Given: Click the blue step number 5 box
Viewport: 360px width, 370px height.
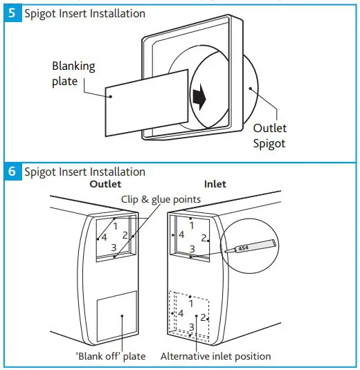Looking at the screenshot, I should pyautogui.click(x=12, y=13).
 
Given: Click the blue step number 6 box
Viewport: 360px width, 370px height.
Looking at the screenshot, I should pyautogui.click(x=12, y=172).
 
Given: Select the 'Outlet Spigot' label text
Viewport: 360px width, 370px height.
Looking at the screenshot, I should pyautogui.click(x=269, y=136).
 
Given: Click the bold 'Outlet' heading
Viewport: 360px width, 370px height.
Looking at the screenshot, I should pyautogui.click(x=105, y=185).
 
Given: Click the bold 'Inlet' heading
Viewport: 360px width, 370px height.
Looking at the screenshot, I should pyautogui.click(x=215, y=185).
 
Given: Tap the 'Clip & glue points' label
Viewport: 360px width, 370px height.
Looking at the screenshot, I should pyautogui.click(x=161, y=199).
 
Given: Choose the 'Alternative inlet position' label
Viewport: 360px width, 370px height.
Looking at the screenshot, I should pyautogui.click(x=215, y=356).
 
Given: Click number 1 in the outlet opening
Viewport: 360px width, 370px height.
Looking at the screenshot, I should pyautogui.click(x=115, y=225).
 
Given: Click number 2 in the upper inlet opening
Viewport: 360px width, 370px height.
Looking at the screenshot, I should pyautogui.click(x=204, y=238).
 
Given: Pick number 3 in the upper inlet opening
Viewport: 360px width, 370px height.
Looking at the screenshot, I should pyautogui.click(x=192, y=248).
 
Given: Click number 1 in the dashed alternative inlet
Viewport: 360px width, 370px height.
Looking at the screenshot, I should pyautogui.click(x=192, y=304).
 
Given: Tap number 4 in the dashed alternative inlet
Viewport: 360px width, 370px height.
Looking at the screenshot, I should pyautogui.click(x=180, y=314).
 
